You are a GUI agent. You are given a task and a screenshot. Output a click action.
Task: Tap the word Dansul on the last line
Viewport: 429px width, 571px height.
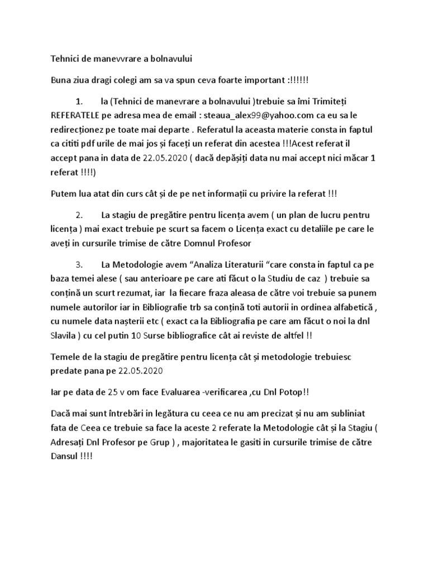click(65, 456)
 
